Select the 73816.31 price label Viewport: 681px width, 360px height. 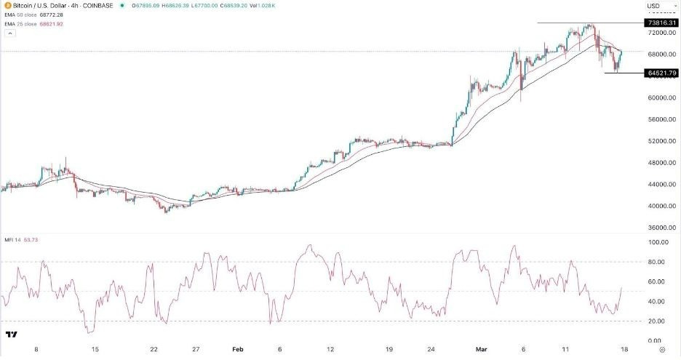tap(661, 23)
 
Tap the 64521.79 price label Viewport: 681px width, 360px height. tap(661, 73)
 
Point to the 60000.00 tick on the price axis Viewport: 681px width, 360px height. tap(661, 97)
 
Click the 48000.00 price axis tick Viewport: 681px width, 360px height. tap(661, 163)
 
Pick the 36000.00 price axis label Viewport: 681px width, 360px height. tap(661, 227)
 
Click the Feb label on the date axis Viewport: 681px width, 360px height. tap(237, 349)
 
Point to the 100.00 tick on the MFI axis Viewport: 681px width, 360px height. tap(658, 242)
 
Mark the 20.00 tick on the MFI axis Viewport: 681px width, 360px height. tap(658, 321)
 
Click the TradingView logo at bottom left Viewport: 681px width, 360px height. tap(12, 335)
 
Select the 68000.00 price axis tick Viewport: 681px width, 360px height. tap(661, 54)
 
